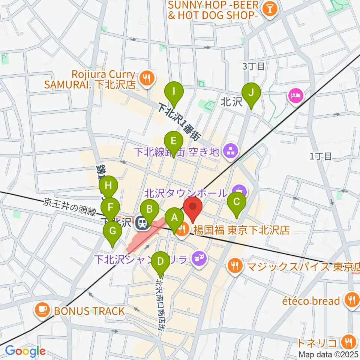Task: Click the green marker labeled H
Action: coord(108,186)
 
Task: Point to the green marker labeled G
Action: coord(112,231)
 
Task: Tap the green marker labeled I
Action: coord(174,91)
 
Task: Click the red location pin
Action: coord(193,207)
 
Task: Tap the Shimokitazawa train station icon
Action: coord(142,223)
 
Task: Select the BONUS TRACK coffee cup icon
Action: coord(41,310)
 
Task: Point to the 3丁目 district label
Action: coord(253,67)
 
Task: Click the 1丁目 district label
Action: coord(321,156)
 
